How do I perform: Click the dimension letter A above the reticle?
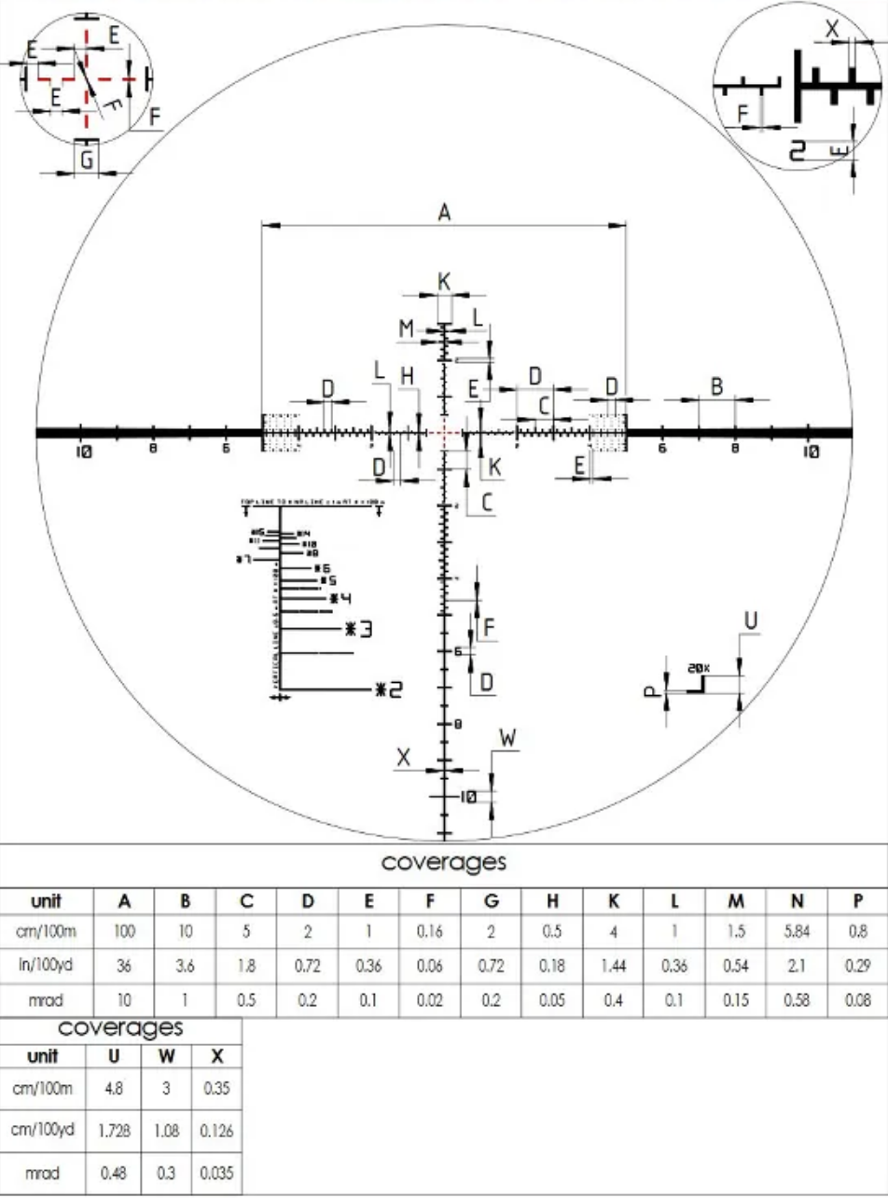pos(444,214)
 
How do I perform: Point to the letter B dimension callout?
pos(716,386)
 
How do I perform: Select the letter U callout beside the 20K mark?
pos(750,620)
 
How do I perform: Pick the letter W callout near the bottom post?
pos(507,738)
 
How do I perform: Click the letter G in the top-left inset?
pos(86,160)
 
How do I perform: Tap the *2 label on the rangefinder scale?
pos(388,690)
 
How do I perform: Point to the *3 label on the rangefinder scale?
pos(359,630)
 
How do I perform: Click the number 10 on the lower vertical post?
pos(468,797)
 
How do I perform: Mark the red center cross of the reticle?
pos(444,433)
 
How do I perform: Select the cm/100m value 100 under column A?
pos(124,932)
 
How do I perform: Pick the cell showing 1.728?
pos(113,1130)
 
